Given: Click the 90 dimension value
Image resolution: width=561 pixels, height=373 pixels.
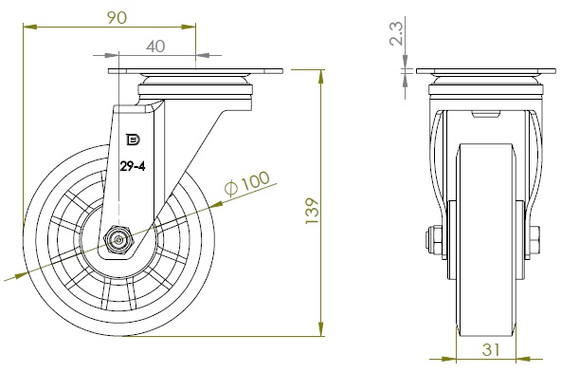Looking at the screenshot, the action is (117, 17).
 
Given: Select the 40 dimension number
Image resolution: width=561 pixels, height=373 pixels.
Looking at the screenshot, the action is (155, 47).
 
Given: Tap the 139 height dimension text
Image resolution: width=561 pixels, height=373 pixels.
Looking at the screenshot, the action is (312, 211).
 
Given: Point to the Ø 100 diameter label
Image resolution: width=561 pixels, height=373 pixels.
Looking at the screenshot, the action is (247, 184).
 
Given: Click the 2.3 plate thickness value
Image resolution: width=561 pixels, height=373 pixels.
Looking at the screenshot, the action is (396, 33).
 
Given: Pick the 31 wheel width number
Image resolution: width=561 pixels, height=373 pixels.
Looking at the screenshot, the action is (491, 349).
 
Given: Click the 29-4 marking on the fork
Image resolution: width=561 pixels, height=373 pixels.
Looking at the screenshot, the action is (133, 166).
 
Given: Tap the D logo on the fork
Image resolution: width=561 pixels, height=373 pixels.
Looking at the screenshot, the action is (133, 140).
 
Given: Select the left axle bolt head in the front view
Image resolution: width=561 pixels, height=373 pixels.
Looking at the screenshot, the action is (433, 240).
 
